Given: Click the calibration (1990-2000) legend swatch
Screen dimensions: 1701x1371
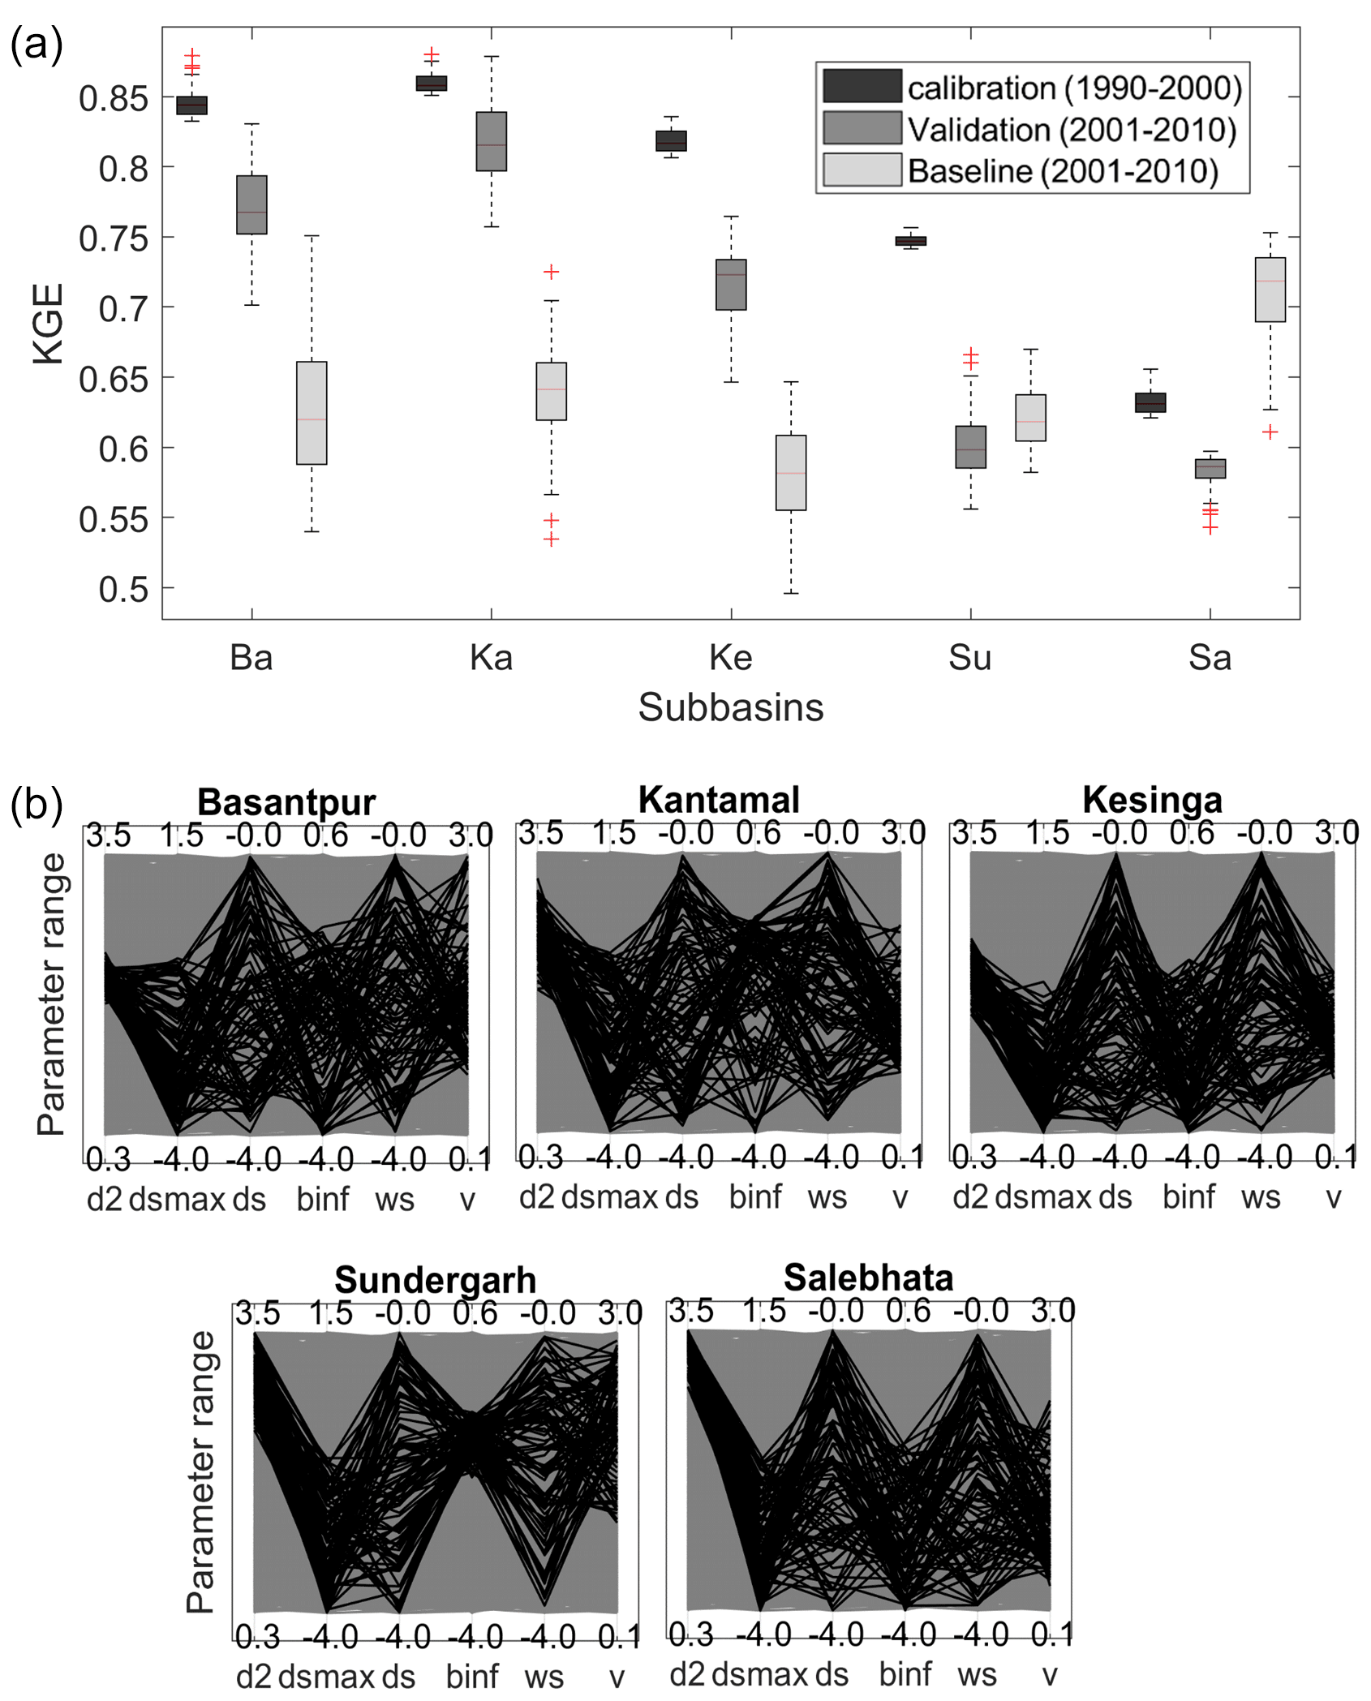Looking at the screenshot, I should tap(862, 86).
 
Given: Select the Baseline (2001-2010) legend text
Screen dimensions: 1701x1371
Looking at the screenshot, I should tap(1063, 171).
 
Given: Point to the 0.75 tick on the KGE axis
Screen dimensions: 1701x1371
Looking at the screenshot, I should tap(114, 238).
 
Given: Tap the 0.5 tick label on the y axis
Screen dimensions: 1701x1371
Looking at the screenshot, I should tap(123, 590).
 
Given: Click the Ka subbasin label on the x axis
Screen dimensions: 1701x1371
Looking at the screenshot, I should tap(491, 658).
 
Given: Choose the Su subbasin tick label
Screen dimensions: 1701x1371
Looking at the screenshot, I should tap(969, 658).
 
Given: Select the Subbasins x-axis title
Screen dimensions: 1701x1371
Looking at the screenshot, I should tap(730, 707).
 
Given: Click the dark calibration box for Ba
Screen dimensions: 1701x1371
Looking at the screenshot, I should tap(191, 105).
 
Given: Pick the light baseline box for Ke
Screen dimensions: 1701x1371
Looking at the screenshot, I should tap(791, 473).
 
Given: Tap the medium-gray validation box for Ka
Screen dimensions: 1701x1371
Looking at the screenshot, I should tap(491, 141).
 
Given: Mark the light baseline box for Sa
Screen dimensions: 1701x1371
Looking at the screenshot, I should tap(1270, 290).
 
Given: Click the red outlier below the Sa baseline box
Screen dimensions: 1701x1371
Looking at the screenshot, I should tap(1270, 432).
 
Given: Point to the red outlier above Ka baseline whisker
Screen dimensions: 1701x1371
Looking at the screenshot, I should tap(551, 272).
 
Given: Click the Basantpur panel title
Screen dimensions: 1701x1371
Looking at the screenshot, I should tap(286, 802).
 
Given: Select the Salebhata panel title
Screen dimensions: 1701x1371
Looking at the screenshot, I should tap(868, 1278).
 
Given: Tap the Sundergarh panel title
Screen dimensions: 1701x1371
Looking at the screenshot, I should tap(435, 1281).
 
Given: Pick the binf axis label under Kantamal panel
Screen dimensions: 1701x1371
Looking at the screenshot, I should tap(755, 1197).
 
